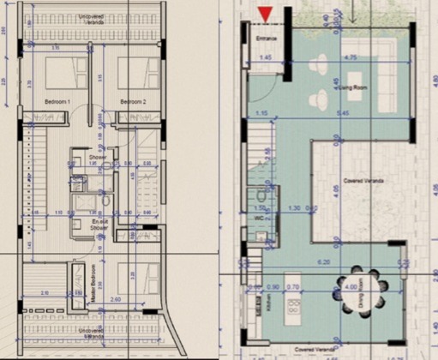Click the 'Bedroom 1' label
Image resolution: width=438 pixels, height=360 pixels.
pyautogui.click(x=57, y=102)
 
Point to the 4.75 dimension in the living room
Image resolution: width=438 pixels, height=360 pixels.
pyautogui.click(x=349, y=57)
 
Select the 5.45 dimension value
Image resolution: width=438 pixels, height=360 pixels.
pyautogui.click(x=343, y=114)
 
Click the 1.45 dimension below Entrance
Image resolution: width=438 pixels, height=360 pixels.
pyautogui.click(x=266, y=57)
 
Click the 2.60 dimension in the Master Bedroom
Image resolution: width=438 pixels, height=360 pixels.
pyautogui.click(x=114, y=300)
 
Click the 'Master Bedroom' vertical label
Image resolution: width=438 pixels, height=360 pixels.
pyautogui.click(x=93, y=279)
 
